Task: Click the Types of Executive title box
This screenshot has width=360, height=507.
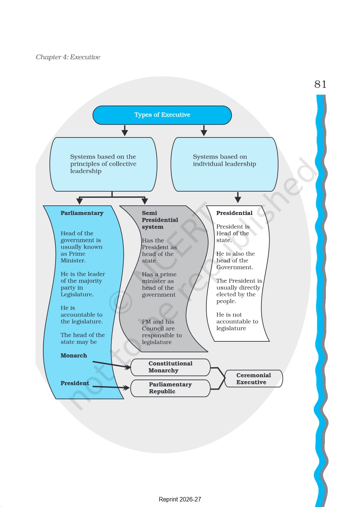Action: coord(162,115)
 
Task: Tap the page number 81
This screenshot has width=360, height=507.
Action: coord(320,84)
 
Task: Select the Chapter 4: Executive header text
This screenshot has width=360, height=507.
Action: coord(68,57)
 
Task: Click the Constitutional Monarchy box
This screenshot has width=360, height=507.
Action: coord(170,367)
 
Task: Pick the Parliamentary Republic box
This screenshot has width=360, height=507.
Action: coord(170,388)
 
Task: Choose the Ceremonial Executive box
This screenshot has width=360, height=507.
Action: coord(253,379)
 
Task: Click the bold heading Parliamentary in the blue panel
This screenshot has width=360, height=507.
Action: coord(82,213)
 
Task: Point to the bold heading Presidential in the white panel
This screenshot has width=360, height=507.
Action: coord(234,213)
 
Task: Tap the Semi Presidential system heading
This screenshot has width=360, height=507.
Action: coord(160,220)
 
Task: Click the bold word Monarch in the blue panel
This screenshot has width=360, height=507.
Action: coord(74,355)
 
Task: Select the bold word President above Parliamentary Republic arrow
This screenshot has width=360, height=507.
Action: coord(75,383)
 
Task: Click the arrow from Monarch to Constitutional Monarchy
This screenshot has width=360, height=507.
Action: coord(112,365)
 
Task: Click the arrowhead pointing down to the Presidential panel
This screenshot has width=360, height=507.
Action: coord(238,199)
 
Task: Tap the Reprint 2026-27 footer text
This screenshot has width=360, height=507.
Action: coord(180,499)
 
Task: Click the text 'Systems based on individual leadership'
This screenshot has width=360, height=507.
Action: coord(224,160)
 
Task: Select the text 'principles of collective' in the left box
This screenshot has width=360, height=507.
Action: coord(103,164)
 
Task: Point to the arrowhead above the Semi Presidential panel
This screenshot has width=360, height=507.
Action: coord(144,201)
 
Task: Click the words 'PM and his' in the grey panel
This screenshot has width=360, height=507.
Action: coord(158,322)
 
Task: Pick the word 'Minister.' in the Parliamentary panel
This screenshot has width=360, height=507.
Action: coord(73,261)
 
